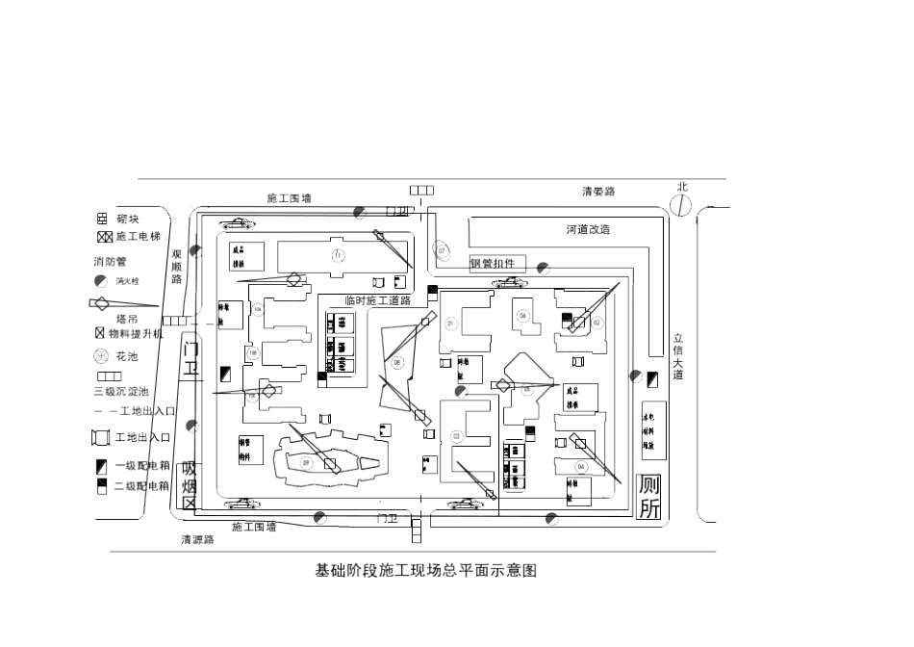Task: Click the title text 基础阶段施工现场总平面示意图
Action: click(x=426, y=570)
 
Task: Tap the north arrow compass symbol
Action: click(x=681, y=204)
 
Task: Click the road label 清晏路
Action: click(x=597, y=192)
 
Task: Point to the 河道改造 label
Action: click(x=588, y=229)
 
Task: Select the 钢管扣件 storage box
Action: click(x=497, y=263)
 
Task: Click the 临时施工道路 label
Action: click(x=377, y=300)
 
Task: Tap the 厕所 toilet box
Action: click(x=650, y=498)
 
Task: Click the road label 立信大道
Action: click(x=678, y=356)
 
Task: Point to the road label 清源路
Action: click(x=198, y=539)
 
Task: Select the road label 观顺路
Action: click(x=177, y=266)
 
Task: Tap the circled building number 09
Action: click(x=307, y=463)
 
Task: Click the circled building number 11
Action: click(x=338, y=255)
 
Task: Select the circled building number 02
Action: click(x=597, y=323)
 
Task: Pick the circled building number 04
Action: click(x=580, y=467)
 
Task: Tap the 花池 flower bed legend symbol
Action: click(x=101, y=355)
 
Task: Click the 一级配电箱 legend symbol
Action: click(x=101, y=466)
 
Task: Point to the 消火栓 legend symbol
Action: click(x=101, y=281)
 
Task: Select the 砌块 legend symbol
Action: click(x=102, y=219)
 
